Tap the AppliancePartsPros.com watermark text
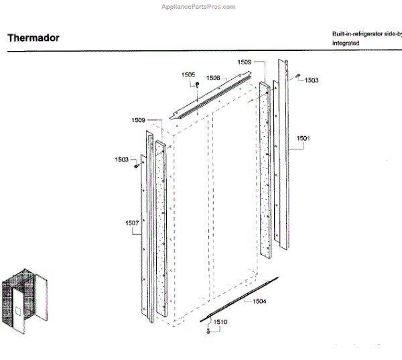coord(198,7)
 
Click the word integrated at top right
coord(346,43)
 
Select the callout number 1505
coord(188,74)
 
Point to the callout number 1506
coord(213,78)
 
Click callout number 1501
coord(303,139)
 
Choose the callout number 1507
coord(131,223)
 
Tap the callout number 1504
coord(259,302)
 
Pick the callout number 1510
coord(220,322)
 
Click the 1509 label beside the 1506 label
coord(244,62)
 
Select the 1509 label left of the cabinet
coord(139,120)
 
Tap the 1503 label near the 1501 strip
coord(312,80)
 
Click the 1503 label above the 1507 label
coord(121,160)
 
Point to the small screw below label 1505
coord(198,85)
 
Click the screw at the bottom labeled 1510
coord(208,329)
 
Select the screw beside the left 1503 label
coord(136,164)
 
